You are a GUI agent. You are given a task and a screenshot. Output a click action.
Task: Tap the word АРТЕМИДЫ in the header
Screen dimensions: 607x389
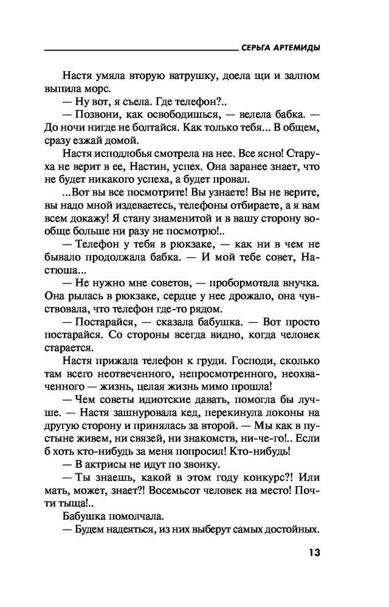click(298, 48)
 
